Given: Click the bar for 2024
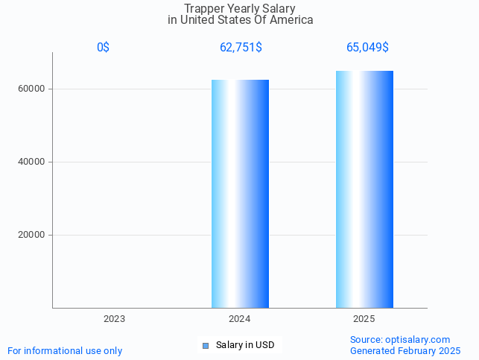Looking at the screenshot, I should click(240, 194).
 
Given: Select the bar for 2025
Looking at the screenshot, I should click(364, 189).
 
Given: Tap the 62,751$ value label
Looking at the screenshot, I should click(240, 48).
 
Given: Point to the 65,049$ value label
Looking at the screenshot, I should click(367, 48).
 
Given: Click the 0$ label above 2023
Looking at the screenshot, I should click(103, 48).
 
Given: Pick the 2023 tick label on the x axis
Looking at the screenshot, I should click(114, 318).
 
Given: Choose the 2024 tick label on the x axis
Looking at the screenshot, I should click(240, 318).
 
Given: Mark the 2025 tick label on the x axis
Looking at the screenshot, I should click(364, 318).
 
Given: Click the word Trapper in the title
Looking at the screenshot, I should click(203, 8).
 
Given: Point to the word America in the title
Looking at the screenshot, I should click(291, 20).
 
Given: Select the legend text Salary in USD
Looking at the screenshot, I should click(245, 345).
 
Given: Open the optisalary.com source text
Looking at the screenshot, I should click(400, 339).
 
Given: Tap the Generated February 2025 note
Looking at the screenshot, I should click(405, 350).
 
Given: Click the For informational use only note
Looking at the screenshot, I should click(65, 350).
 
